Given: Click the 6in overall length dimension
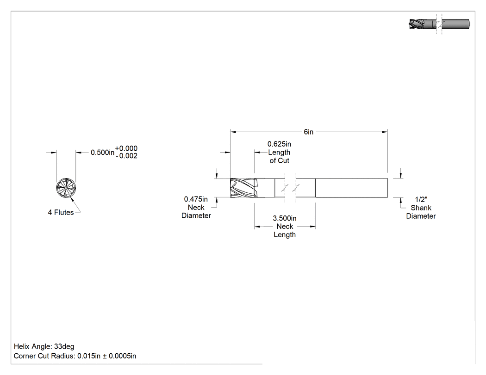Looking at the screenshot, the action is point(308,132).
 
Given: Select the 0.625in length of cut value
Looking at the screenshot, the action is point(279,144).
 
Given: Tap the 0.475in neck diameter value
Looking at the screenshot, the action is point(196,199).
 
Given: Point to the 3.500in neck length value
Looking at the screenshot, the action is point(285,218).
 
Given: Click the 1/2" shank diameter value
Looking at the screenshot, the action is point(421,199).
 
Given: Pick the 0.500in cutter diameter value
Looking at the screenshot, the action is point(102,153).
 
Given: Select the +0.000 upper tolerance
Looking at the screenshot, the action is point(126,148).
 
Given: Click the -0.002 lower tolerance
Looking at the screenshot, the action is point(126,156).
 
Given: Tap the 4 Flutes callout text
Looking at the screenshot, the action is point(61,212).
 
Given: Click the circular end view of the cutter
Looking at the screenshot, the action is point(66,188).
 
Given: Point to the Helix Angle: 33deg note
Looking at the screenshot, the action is point(44,346).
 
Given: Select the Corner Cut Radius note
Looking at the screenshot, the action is point(75,356).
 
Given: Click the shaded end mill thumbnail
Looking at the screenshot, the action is point(440,24).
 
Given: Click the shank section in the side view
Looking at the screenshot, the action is point(352,188).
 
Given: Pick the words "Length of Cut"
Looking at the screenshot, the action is point(279,156).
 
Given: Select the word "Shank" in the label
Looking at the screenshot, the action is point(421,208).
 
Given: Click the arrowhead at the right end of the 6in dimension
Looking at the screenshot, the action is point(385,132).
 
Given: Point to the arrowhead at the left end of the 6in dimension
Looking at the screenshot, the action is point(233,132).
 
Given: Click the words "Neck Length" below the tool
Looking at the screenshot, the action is point(285,231).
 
